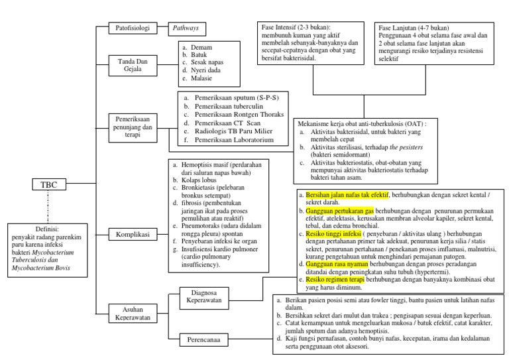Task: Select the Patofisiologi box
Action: click(x=132, y=29)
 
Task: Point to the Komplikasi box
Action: click(x=132, y=234)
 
